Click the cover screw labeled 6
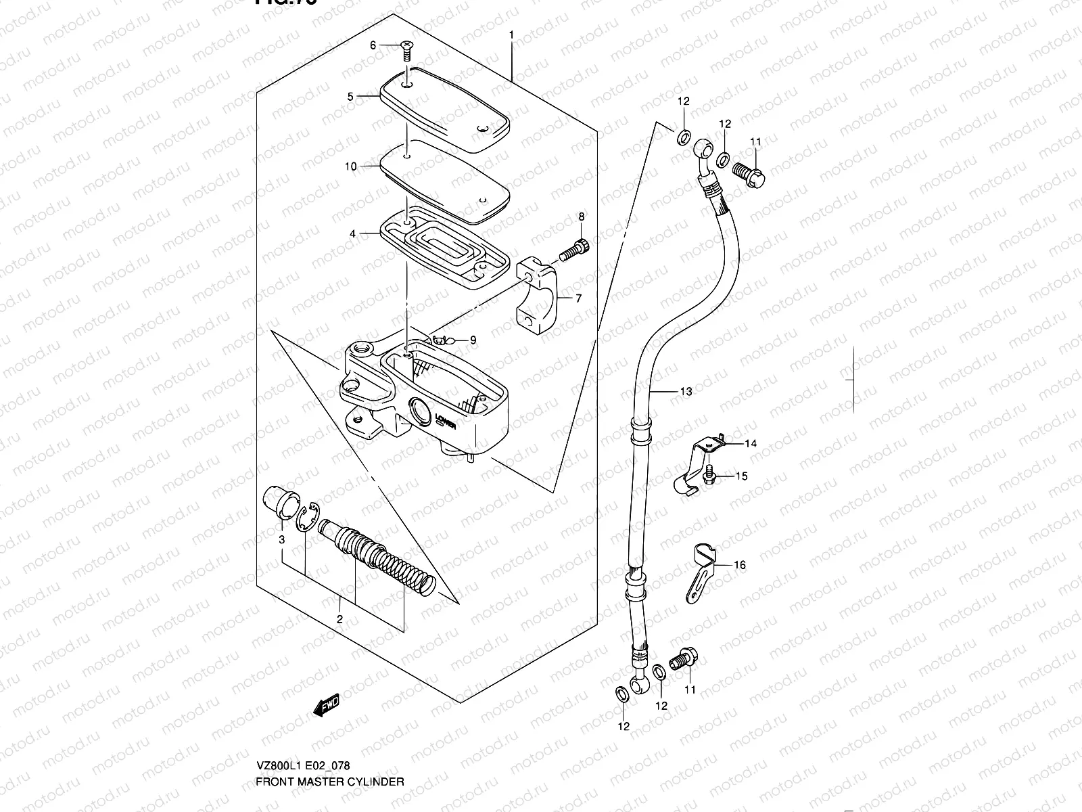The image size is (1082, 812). pyautogui.click(x=407, y=47)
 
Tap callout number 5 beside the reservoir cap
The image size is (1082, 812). pyautogui.click(x=350, y=97)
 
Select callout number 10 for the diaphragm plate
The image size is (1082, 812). pyautogui.click(x=350, y=166)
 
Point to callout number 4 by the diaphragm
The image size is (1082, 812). pyautogui.click(x=352, y=234)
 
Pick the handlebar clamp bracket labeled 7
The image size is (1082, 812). pyautogui.click(x=539, y=296)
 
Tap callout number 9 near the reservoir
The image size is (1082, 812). pyautogui.click(x=473, y=340)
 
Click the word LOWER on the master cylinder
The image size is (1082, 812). pyautogui.click(x=446, y=422)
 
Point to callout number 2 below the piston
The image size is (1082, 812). pyautogui.click(x=339, y=618)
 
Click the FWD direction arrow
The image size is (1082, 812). pyautogui.click(x=327, y=706)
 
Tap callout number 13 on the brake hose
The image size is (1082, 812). pyautogui.click(x=686, y=391)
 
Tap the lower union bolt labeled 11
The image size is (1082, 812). pyautogui.click(x=684, y=659)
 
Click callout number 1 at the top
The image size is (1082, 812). pyautogui.click(x=511, y=35)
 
